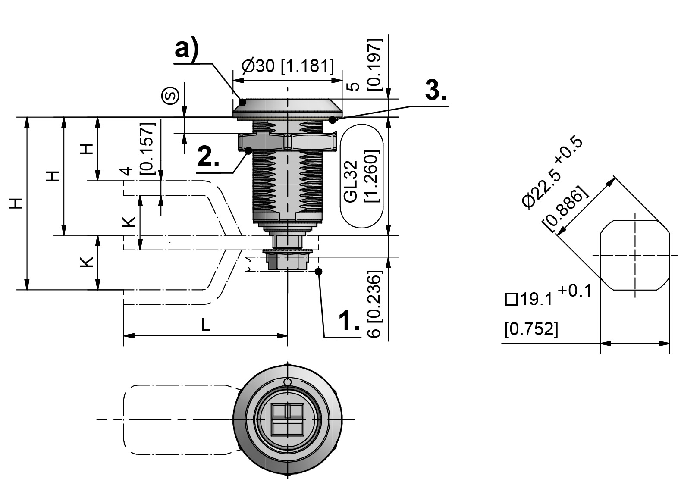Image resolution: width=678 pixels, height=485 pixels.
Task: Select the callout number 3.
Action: (x=436, y=91)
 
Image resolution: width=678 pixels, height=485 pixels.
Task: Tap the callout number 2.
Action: (x=208, y=157)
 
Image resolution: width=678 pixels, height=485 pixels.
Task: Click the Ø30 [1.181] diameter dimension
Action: (x=288, y=66)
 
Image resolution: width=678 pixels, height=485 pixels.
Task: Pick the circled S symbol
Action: (x=170, y=96)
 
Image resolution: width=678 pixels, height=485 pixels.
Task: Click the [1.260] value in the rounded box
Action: (x=372, y=176)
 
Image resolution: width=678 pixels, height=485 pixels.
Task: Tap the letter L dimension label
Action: (x=206, y=325)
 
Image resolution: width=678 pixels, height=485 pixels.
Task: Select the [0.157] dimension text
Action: (x=147, y=148)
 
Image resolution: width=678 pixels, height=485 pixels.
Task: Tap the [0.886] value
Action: (x=565, y=208)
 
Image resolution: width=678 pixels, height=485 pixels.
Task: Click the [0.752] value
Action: (x=531, y=329)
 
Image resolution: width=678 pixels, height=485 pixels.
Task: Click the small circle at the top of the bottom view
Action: (x=288, y=382)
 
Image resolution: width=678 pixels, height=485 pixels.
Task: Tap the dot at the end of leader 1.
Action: (x=319, y=271)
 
